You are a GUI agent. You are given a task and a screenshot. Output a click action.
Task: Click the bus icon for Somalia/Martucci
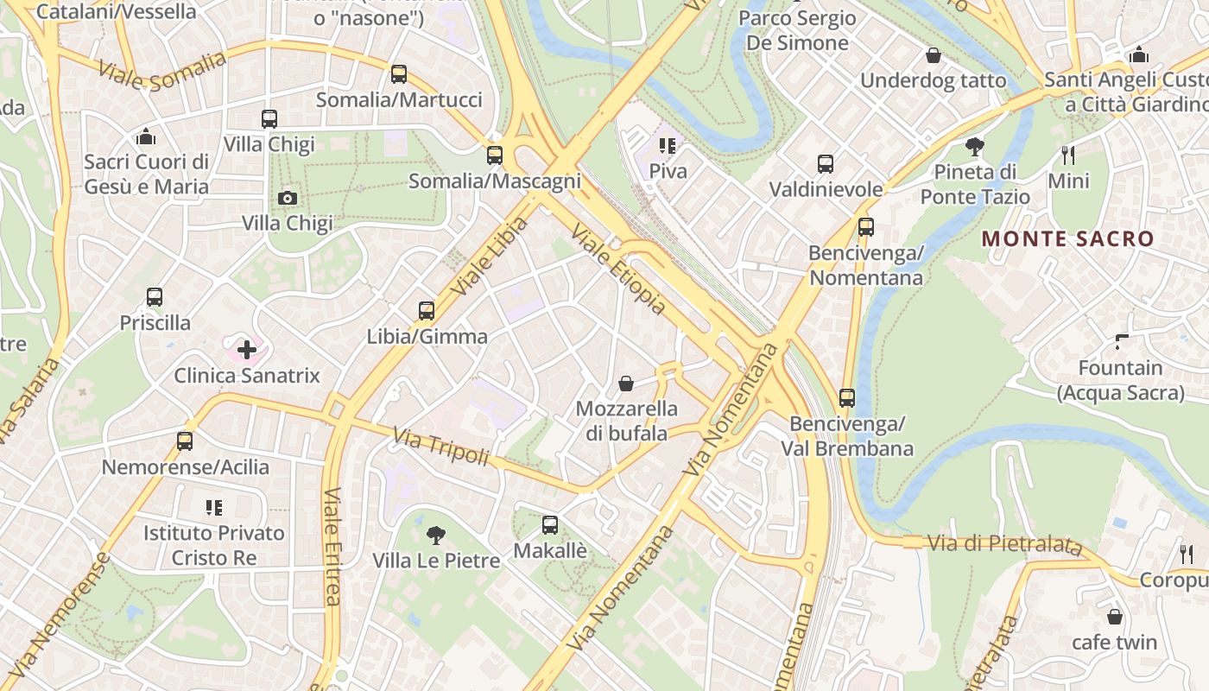399,74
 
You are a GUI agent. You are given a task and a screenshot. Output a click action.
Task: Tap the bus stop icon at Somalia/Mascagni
495,155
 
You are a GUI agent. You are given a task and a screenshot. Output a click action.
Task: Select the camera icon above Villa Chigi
288,198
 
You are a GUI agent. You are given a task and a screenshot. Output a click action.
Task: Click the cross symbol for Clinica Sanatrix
247,350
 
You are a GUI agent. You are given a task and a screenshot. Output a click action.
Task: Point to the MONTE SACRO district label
1068,239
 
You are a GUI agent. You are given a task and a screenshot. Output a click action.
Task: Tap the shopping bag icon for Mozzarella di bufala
626,383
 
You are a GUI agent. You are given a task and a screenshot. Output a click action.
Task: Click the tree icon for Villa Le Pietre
436,536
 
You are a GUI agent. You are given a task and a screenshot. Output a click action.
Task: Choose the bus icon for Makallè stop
550,524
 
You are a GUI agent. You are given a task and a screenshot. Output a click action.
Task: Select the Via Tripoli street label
441,447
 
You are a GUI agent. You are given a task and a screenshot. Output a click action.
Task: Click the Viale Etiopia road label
618,269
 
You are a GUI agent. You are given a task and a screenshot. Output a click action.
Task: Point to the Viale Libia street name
489,256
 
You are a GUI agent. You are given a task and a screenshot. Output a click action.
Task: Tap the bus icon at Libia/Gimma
427,311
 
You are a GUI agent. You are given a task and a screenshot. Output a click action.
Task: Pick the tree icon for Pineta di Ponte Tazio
975,147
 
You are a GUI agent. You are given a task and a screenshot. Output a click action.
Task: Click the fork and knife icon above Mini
1068,155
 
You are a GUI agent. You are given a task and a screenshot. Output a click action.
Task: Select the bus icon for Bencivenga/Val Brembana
847,398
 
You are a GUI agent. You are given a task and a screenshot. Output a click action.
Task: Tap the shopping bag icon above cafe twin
1115,617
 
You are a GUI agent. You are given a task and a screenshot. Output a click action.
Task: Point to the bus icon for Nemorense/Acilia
185,441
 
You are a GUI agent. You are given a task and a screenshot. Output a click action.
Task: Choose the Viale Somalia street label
162,71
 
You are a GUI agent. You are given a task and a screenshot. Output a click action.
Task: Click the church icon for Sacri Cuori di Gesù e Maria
146,136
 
